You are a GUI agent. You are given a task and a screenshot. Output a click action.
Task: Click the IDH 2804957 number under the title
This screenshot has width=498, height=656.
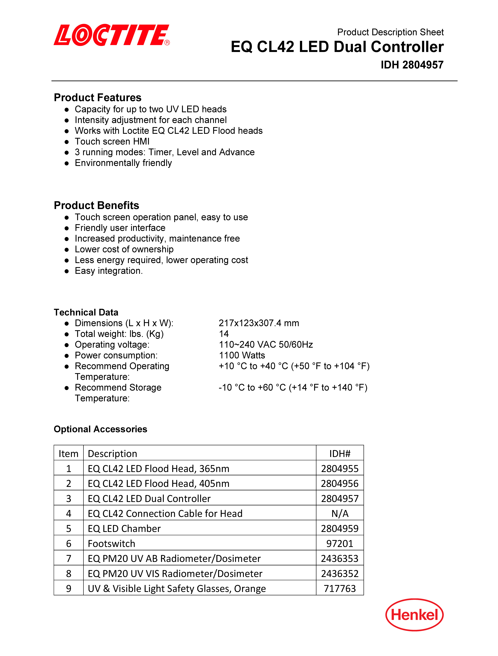tap(412, 65)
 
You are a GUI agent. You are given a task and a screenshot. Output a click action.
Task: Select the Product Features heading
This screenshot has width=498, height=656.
tap(98, 98)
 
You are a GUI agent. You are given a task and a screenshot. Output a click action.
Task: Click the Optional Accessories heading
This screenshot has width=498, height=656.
tap(100, 429)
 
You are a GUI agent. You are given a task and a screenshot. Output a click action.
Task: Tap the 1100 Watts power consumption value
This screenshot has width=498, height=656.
tap(242, 355)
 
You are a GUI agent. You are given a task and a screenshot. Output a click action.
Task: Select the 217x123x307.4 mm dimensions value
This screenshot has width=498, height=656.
tap(259, 323)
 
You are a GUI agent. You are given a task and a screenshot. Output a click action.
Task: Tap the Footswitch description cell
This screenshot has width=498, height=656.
tap(111, 544)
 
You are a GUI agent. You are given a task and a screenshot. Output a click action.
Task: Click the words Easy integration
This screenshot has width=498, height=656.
tap(108, 271)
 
